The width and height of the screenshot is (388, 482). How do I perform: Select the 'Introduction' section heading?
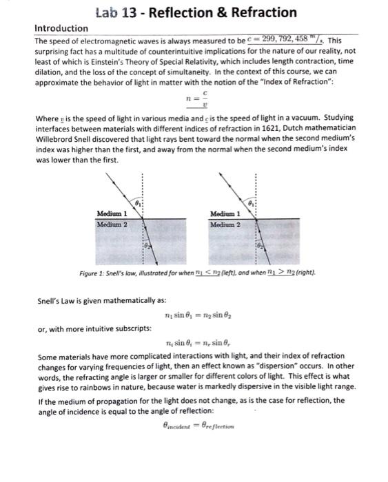point(61,28)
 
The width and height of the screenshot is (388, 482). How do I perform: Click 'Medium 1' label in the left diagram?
point(111,213)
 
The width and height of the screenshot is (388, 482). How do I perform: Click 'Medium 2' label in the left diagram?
point(111,224)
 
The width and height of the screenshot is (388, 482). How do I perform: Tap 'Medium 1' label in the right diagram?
point(225,213)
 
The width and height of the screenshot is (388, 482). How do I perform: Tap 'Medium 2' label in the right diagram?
point(225,224)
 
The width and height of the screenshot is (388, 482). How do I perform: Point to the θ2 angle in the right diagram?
point(259,244)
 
